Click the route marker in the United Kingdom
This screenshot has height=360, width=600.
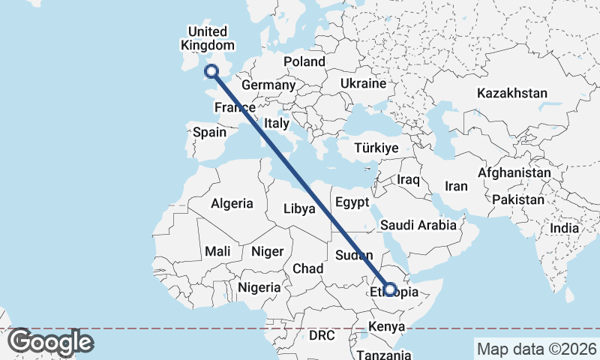[211, 71]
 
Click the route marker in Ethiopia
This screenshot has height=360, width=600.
[389, 289]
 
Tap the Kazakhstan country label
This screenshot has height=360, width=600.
[513, 94]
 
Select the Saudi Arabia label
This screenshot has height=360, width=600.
[418, 225]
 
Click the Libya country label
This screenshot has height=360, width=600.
[298, 209]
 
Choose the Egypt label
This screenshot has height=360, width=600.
[352, 202]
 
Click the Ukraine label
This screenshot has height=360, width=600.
[362, 82]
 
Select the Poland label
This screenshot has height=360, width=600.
[304, 61]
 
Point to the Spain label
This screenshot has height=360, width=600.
[209, 132]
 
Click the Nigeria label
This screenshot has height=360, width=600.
[259, 286]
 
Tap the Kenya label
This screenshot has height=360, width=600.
[387, 327]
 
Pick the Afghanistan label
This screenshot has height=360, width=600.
[514, 172]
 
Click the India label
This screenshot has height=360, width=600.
[563, 228]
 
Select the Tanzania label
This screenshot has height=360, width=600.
[383, 354]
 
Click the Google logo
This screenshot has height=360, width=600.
[50, 342]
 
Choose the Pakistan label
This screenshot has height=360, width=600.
[518, 199]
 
